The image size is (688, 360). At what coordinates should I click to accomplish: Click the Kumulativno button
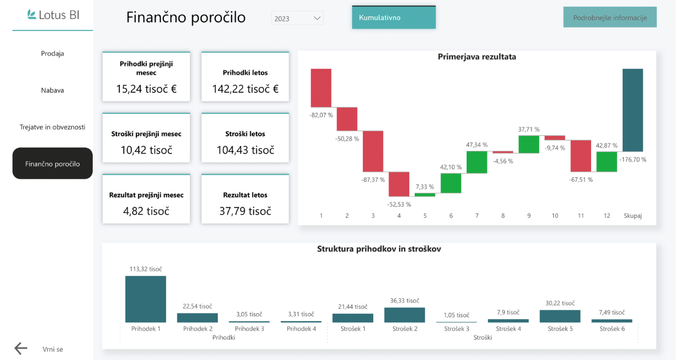(393, 17)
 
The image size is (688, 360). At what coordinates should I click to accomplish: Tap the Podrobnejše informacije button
(609, 17)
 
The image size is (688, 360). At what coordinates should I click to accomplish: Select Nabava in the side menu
(52, 90)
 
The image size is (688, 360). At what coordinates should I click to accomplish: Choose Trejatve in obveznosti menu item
(52, 127)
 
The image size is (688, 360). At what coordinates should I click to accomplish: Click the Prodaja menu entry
(52, 53)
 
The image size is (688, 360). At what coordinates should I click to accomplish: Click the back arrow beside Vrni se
(21, 349)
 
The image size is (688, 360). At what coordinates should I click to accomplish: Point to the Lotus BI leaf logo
(32, 15)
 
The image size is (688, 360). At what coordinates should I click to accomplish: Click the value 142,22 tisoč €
(245, 89)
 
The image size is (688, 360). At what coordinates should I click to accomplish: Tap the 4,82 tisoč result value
(146, 211)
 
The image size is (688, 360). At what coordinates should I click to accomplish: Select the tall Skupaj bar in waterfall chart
(632, 109)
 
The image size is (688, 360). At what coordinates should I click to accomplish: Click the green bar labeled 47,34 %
(476, 162)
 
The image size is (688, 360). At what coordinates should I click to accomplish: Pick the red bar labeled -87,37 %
(373, 151)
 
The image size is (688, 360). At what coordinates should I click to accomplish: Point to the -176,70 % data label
(632, 159)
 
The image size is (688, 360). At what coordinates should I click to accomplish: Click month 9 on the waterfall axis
(529, 216)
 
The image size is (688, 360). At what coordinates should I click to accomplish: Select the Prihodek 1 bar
(146, 299)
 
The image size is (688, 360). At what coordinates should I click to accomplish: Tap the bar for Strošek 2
(404, 315)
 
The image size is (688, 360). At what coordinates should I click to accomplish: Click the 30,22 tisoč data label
(560, 303)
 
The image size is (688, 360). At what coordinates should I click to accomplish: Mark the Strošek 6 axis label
(612, 329)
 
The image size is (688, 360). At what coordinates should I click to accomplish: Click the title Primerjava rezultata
(476, 57)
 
